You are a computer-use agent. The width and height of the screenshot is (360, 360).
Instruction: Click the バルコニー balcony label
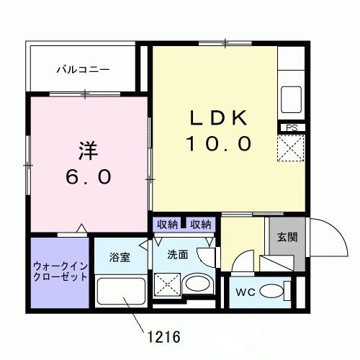pos(84,70)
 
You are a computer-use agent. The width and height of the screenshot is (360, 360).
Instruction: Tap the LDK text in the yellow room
pos(220,118)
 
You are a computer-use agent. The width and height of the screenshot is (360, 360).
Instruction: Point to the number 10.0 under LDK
pos(220,144)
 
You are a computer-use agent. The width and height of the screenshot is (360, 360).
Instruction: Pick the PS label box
pos(292,128)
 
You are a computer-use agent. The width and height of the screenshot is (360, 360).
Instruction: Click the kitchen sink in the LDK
pos(292,96)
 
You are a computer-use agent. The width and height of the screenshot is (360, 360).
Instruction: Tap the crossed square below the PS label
pos(292,150)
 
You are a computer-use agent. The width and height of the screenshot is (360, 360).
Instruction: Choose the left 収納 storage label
pos(167,224)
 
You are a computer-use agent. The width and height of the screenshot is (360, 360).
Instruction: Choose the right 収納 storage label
pos(201,224)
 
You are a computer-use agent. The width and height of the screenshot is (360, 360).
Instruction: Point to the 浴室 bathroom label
pos(120,256)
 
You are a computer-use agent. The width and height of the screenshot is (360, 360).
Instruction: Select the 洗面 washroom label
pos(178,254)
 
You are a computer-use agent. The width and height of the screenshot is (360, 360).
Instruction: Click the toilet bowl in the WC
pos(271,292)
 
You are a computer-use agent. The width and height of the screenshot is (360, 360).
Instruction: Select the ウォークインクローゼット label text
pos(60,270)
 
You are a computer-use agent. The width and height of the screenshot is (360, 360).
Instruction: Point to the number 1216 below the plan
pos(163,336)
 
